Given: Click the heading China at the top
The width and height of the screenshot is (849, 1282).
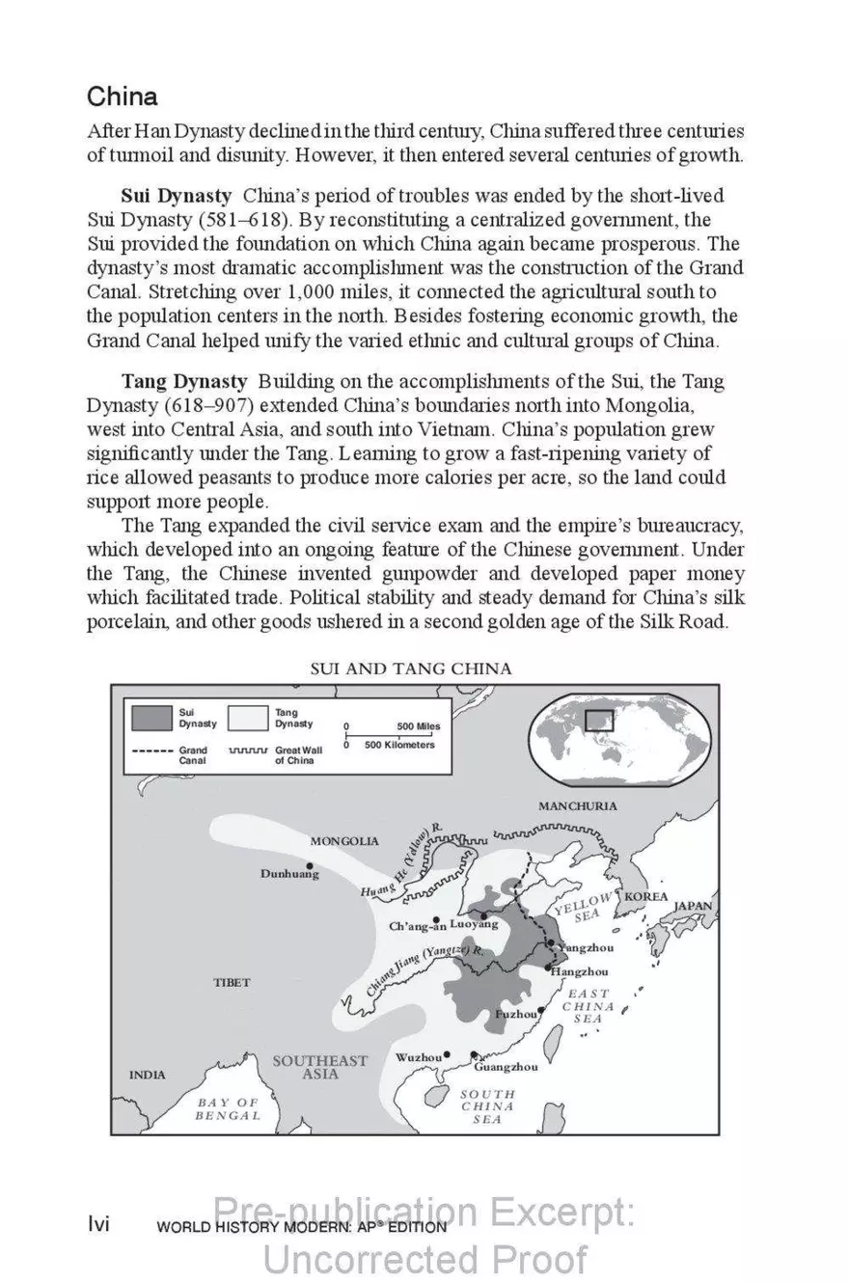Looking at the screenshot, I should coord(123,97).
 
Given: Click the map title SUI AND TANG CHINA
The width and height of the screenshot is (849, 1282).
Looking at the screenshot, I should coord(410,668).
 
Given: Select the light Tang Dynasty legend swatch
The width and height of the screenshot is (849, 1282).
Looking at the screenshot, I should coord(248,718).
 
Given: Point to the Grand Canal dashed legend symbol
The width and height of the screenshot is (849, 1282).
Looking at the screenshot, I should coord(152,750).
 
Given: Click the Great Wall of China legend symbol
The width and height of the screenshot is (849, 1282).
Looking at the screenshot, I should coord(248,750).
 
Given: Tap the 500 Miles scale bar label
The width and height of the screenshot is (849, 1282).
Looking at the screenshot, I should coord(418,726).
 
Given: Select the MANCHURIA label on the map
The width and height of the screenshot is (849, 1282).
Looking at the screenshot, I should coord(578,806).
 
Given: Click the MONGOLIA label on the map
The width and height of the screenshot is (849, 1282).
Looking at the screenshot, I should coord(344,841).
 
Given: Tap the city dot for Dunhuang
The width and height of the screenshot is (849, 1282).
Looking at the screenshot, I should coord(310,865).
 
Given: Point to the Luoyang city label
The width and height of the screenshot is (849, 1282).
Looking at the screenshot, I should coord(474,924).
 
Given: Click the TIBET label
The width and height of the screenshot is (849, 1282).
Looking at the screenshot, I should coord(232,983).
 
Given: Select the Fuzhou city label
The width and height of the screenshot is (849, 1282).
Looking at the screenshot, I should coord(515,1015).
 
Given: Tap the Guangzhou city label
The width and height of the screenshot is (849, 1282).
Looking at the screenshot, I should coord(506,1067).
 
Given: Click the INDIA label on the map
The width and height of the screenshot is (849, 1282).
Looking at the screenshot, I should coord(147,1075).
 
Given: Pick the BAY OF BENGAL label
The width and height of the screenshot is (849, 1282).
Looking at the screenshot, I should coord(228,1108).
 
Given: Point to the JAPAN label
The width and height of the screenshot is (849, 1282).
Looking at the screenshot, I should coord(692,906).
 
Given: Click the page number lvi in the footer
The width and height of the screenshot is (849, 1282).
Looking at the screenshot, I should coord(98,1225).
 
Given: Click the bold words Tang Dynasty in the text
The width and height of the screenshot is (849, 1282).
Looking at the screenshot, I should coord(183,382).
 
